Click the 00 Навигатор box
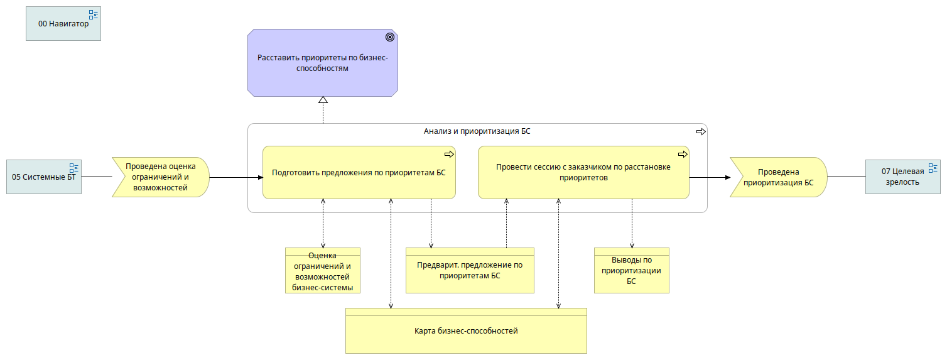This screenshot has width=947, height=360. click(x=63, y=24)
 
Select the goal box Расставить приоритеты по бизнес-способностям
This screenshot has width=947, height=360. click(x=323, y=63)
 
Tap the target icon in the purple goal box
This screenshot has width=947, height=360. click(x=390, y=37)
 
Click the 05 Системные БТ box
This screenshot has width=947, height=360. click(x=44, y=177)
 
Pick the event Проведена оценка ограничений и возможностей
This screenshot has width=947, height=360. click(x=161, y=177)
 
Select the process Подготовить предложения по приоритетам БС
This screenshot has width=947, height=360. click(x=359, y=173)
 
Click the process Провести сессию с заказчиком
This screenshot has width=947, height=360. click(x=583, y=173)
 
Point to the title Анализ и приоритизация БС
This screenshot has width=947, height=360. click(x=477, y=131)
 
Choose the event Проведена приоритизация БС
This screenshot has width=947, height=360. click(x=778, y=177)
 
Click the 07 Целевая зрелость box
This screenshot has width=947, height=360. click(x=903, y=177)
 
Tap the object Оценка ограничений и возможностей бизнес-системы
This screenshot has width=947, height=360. click(x=323, y=271)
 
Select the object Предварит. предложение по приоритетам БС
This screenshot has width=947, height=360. click(x=470, y=271)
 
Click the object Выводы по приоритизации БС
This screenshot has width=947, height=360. click(x=632, y=271)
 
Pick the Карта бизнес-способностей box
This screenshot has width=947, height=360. click(x=466, y=331)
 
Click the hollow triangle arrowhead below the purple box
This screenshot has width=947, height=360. click(x=323, y=100)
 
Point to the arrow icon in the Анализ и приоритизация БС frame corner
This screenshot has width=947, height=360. click(x=701, y=131)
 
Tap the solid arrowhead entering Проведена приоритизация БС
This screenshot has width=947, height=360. click(x=728, y=177)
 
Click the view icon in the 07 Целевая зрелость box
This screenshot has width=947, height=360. click(x=933, y=168)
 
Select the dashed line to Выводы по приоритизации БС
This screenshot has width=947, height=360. click(x=632, y=224)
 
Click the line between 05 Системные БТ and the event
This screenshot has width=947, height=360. click(x=97, y=177)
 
